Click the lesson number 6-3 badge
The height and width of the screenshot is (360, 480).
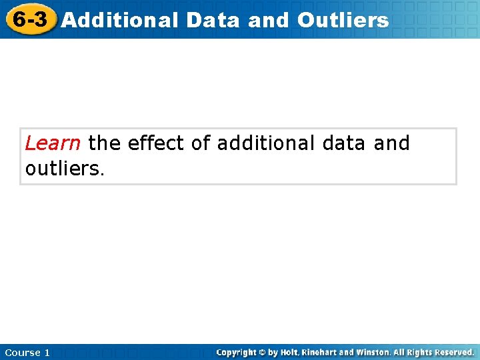pyautogui.click(x=30, y=19)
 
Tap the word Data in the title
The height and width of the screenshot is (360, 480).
pyautogui.click(x=213, y=20)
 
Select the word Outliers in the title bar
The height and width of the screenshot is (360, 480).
pyautogui.click(x=343, y=20)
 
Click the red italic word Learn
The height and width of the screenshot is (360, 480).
pyautogui.click(x=53, y=143)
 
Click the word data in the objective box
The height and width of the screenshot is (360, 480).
pyautogui.click(x=343, y=143)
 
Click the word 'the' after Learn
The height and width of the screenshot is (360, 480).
pyautogui.click(x=103, y=143)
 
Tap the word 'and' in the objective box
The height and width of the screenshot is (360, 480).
pyautogui.click(x=392, y=143)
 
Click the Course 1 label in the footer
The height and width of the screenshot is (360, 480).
pyautogui.click(x=27, y=352)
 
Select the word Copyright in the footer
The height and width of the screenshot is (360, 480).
pyautogui.click(x=239, y=352)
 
